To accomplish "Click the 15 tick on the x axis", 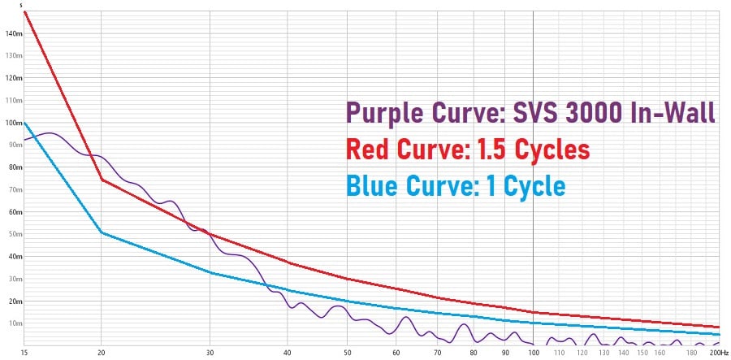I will pos(25,352).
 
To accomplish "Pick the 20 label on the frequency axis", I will pos(101,352).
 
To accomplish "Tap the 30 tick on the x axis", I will pos(210,352).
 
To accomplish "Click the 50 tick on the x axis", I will pos(347,352).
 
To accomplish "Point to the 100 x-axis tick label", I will pos(533,352).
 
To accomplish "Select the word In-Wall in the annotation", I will pos(673,114).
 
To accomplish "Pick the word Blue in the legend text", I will pos(373,186).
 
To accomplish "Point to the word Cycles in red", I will pos(551,150).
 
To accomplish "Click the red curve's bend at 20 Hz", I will pos(102,179).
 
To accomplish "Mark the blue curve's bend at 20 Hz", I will pos(101,233).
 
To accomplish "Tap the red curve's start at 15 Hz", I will pos(26,12).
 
